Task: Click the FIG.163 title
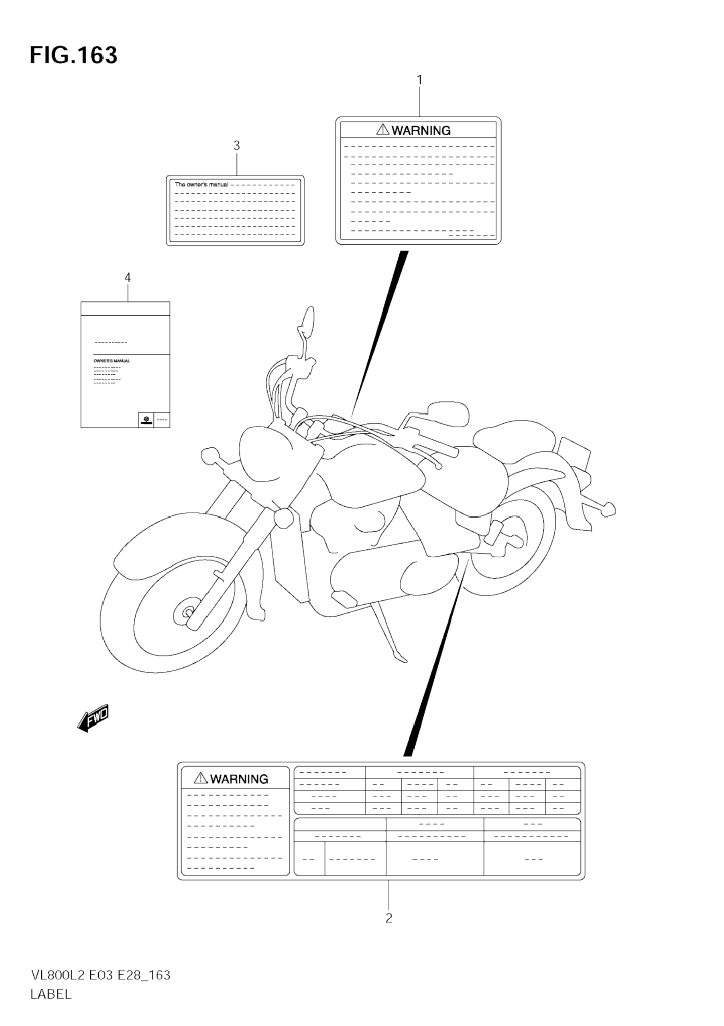pos(74,55)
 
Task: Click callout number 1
pos(419,80)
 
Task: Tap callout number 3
pos(237,145)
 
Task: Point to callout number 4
pos(127,278)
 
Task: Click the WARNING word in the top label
pos(421,130)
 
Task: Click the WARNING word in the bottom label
pos(239,779)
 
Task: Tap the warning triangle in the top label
pos(383,130)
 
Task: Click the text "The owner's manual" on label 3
pos(201,185)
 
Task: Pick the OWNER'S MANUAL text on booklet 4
pos(112,361)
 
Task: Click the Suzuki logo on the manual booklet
pos(146,420)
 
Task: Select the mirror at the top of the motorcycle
pos(308,320)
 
